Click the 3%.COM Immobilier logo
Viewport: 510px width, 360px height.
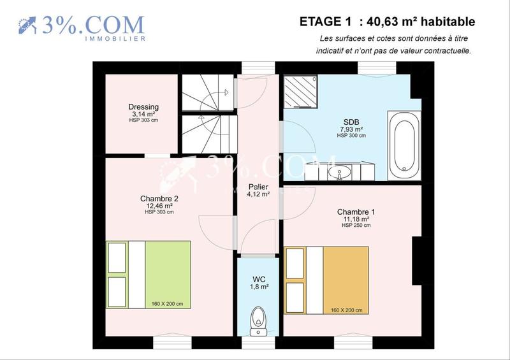point(81,27)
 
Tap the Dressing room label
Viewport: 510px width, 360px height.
point(143,107)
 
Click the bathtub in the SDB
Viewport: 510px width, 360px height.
point(404,143)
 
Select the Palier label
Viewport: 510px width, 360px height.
point(258,187)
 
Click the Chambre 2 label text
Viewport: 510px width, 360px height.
point(159,199)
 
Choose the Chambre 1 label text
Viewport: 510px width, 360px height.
point(356,212)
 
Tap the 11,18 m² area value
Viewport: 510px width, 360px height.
point(356,219)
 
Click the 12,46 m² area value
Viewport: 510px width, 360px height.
point(159,206)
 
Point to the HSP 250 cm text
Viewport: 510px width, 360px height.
point(356,226)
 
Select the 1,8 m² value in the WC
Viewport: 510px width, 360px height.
point(258,287)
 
